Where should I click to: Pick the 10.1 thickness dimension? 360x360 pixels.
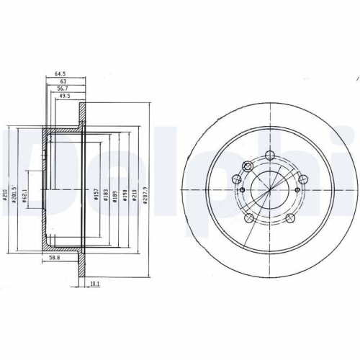click(94, 284)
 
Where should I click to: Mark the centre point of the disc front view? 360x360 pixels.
click(269, 190)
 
